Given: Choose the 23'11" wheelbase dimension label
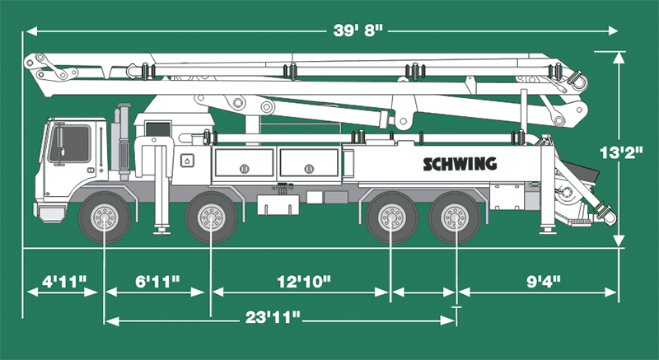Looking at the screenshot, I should pos(272,316).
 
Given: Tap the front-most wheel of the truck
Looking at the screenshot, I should pos(105,219).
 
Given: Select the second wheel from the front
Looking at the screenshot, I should pos(211,219).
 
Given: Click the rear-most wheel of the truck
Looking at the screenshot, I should pos(456,219).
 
